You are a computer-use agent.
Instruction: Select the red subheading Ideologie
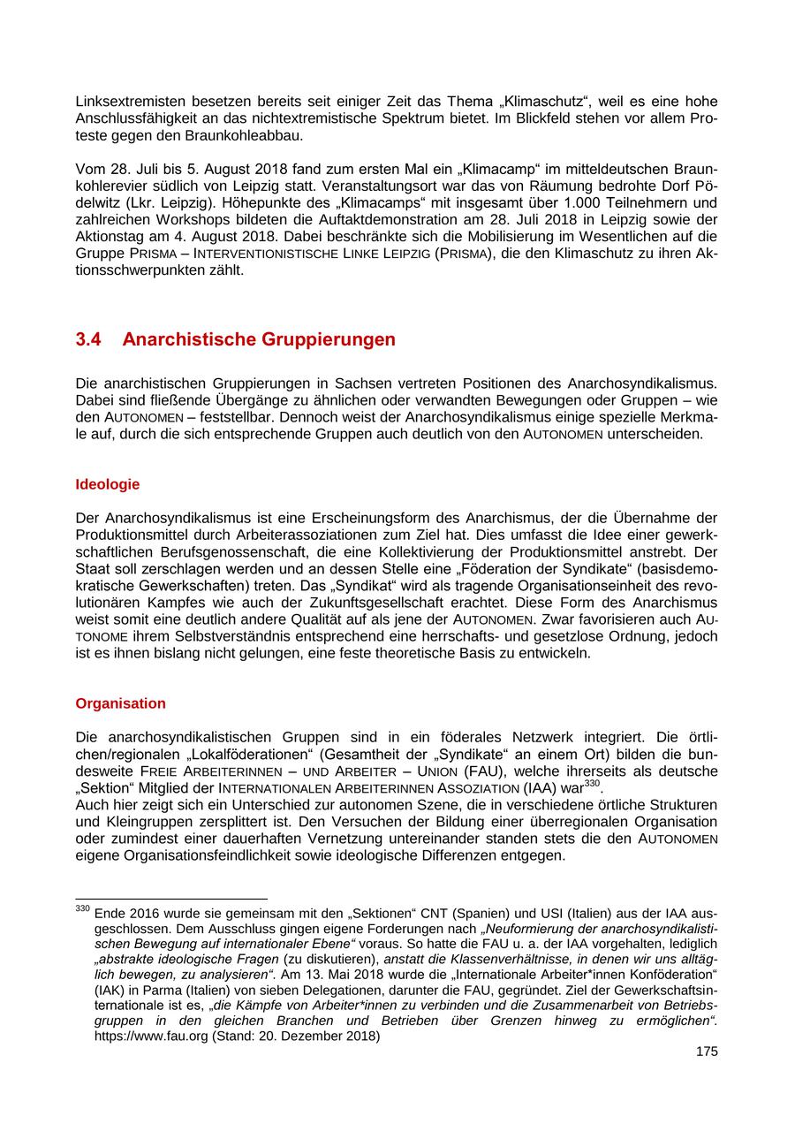(x=107, y=484)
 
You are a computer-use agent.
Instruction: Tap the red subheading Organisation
(x=120, y=703)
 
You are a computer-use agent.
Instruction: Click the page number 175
(x=707, y=1051)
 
